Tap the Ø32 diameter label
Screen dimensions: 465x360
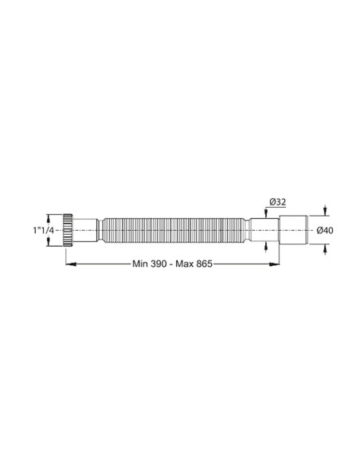click(275, 203)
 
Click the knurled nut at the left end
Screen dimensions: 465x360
click(72, 229)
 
